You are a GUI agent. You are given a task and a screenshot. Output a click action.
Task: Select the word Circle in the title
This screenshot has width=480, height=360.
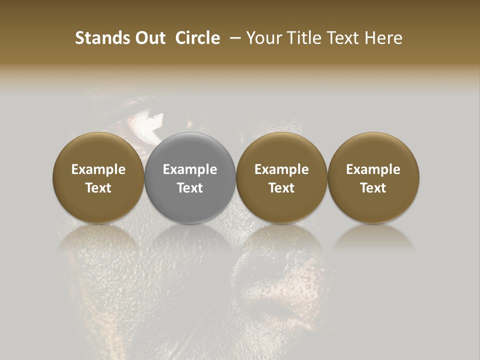[x=197, y=38]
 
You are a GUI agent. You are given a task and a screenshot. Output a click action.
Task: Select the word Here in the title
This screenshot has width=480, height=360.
[x=383, y=38]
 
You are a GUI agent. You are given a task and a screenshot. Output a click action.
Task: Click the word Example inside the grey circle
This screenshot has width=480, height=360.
[x=190, y=169]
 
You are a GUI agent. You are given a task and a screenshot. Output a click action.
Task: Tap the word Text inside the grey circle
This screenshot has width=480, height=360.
[x=190, y=187]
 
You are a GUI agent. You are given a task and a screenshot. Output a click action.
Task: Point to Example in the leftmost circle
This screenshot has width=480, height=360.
[x=98, y=169]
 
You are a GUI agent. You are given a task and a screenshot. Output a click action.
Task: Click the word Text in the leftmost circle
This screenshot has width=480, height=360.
[x=98, y=187]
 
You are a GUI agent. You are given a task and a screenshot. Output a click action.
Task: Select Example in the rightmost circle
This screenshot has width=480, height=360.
[x=373, y=169]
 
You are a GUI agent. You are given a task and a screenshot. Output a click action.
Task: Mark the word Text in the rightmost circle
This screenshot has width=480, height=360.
[x=373, y=187]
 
